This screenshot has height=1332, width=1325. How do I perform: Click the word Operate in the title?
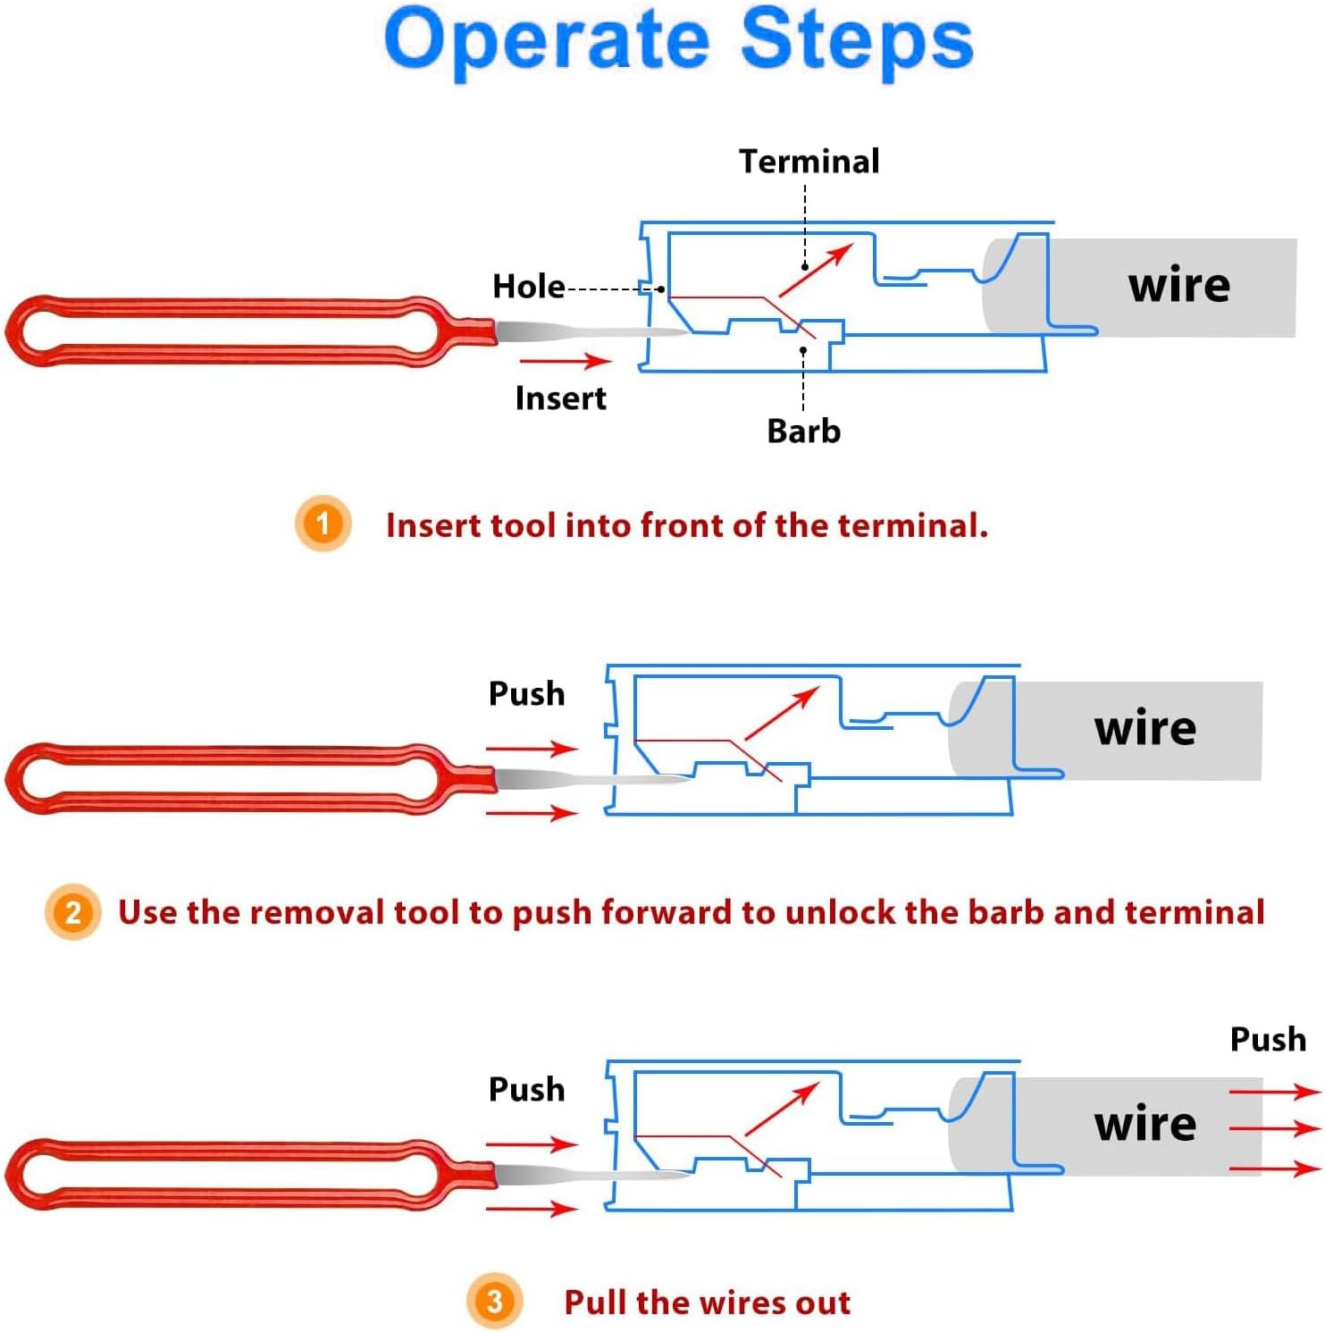coord(547,40)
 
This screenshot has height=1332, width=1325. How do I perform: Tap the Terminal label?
coord(809,162)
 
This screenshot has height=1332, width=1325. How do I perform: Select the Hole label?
coord(528,287)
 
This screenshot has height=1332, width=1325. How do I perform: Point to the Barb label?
coord(803,431)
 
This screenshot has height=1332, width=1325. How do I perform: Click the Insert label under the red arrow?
coord(560,398)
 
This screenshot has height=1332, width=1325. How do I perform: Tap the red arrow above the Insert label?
coord(565,361)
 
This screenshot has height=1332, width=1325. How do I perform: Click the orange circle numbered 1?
coord(323,523)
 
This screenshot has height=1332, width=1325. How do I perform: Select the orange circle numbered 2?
coord(72,912)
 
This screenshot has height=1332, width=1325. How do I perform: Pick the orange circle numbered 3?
coord(494,1301)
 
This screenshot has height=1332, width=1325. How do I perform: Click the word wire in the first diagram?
coord(1178,286)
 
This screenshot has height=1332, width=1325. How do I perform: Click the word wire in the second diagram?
coord(1145,729)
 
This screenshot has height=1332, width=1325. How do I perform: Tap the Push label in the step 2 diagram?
coord(526,694)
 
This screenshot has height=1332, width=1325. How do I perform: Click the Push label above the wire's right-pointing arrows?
coord(1267,1040)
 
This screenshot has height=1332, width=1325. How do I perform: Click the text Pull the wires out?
coord(707,1303)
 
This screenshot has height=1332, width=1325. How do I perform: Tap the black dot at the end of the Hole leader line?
coord(660,289)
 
